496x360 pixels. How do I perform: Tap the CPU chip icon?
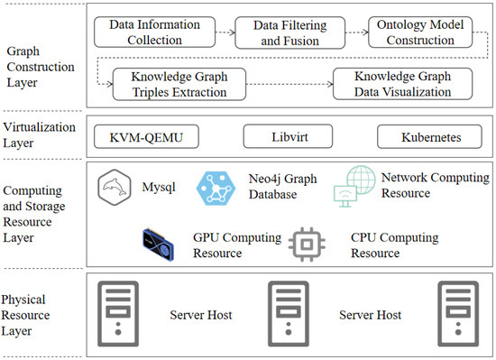(x=306, y=244)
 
